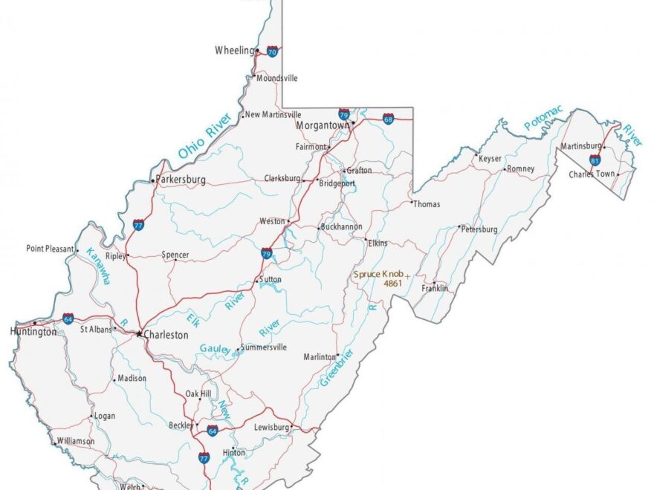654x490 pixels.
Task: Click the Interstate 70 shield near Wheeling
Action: [273, 51]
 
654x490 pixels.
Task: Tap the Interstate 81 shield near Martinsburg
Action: [595, 159]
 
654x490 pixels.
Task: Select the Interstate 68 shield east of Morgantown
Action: [388, 118]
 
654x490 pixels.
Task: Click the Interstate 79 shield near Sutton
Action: [265, 253]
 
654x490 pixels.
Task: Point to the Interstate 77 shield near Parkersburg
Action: [139, 223]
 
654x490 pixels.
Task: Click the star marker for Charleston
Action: [139, 334]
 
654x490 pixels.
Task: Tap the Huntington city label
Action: [33, 332]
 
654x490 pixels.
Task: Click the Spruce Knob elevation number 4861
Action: [392, 284]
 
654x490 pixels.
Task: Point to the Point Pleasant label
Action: [50, 249]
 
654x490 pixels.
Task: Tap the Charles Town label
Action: [592, 174]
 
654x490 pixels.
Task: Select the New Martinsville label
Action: [273, 115]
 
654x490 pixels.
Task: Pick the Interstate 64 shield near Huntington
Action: [68, 318]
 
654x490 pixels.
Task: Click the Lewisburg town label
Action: [271, 428]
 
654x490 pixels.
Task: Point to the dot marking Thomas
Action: [412, 201]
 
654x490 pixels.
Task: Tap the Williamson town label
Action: [76, 441]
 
